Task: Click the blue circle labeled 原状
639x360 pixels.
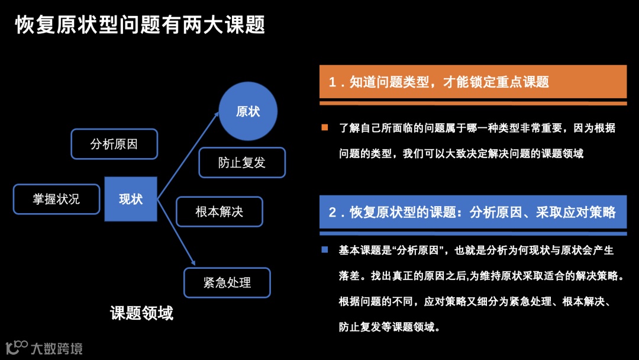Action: [x=248, y=111]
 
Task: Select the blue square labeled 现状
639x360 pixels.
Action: [x=131, y=199]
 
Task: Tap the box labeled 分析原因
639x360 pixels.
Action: [x=114, y=144]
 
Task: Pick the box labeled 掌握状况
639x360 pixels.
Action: [x=56, y=199]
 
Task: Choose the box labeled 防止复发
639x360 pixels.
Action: [x=242, y=162]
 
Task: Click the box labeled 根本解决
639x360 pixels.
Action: [x=220, y=211]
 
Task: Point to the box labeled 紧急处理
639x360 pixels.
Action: [x=227, y=282]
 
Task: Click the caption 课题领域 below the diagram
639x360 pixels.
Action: [x=142, y=313]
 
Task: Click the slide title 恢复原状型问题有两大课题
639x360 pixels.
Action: [x=140, y=25]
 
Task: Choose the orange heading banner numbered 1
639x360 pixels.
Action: [x=473, y=82]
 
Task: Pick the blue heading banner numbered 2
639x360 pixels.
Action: [x=473, y=212]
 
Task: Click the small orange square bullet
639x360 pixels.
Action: [x=324, y=127]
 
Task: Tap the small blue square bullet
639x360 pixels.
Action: [x=324, y=250]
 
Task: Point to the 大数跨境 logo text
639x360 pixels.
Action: [x=56, y=348]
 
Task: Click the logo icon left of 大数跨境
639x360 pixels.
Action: [x=16, y=347]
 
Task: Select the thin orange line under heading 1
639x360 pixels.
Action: [x=473, y=103]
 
